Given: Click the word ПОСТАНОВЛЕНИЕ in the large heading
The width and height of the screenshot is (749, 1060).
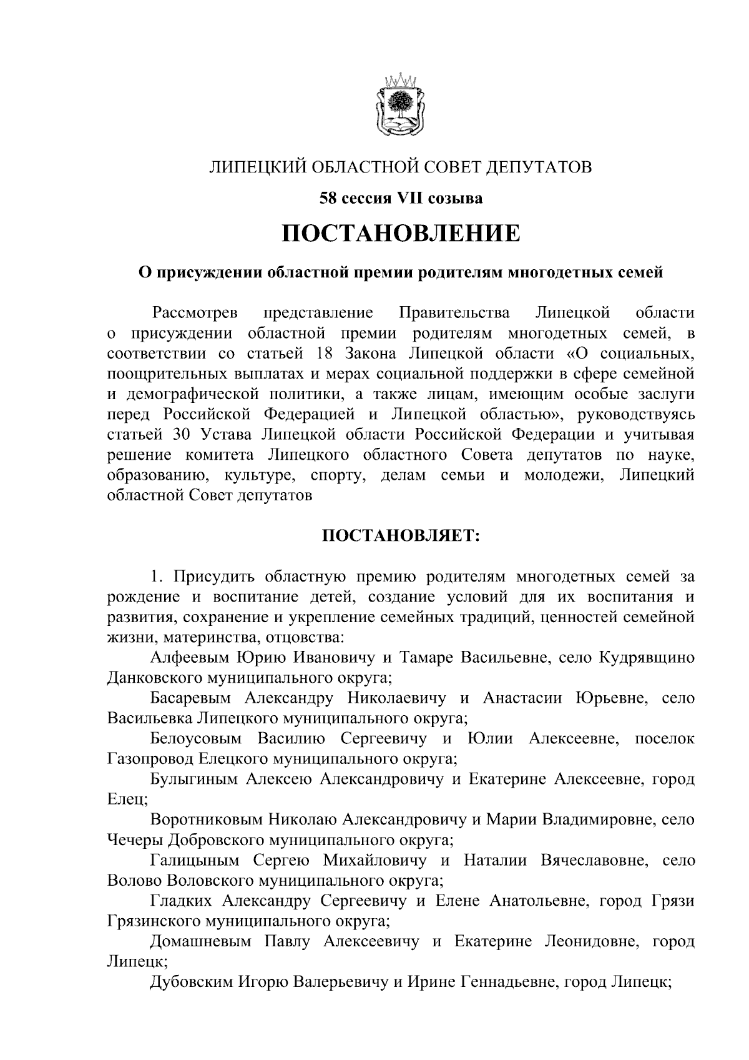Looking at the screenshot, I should tap(401, 234).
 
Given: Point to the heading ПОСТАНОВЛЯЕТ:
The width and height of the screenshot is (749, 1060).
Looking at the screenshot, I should tap(401, 536).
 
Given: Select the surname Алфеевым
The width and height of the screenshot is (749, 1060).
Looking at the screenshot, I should tap(190, 658).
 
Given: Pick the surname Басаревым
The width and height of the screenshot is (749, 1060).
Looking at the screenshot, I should tap(190, 698).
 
